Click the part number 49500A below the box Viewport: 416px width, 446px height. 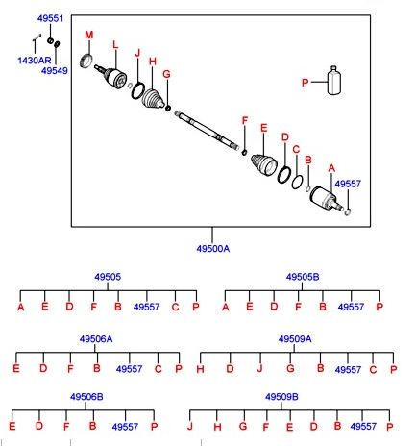[213, 249]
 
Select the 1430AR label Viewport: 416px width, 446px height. [35, 61]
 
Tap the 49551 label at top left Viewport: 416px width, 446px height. [50, 18]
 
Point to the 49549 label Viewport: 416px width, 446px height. [55, 70]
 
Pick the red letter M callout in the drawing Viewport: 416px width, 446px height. [89, 35]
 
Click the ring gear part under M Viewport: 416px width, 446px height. [86, 61]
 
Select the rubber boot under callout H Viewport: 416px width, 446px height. [153, 98]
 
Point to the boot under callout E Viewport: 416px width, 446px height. [264, 164]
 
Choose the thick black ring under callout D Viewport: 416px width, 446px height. [284, 175]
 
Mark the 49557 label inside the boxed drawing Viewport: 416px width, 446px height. [348, 184]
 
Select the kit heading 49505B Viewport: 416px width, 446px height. [303, 277]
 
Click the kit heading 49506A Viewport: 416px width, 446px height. [96, 339]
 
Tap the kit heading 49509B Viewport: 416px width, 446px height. [281, 397]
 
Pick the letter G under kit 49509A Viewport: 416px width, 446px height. [290, 368]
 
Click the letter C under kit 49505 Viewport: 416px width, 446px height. [175, 307]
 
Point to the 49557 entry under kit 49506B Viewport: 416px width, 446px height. [125, 427]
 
